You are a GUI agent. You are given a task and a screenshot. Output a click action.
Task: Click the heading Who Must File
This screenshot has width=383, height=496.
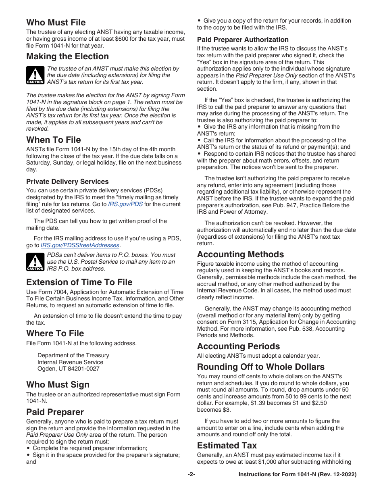pyautogui.click(x=56, y=22)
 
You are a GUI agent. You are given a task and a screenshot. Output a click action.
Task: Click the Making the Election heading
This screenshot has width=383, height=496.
pyautogui.click(x=67, y=56)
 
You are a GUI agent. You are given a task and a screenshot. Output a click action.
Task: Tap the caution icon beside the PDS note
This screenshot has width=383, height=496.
pyautogui.click(x=35, y=262)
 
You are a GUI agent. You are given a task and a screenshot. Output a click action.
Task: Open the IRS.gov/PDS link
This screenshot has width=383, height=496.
pyautogui.click(x=125, y=204)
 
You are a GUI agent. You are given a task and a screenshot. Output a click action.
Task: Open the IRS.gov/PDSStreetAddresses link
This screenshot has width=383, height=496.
pyautogui.click(x=80, y=245)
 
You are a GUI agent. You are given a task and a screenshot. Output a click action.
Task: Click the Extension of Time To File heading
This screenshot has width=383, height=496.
pyautogui.click(x=79, y=282)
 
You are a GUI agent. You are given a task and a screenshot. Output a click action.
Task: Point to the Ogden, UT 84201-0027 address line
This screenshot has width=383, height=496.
pyautogui.click(x=68, y=369)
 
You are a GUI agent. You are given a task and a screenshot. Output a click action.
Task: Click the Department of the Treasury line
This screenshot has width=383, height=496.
pyautogui.click(x=73, y=355)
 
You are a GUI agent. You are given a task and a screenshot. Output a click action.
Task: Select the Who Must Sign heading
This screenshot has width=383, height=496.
pyautogui.click(x=58, y=384)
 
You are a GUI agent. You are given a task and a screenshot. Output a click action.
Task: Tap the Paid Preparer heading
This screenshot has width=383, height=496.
pyautogui.click(x=55, y=412)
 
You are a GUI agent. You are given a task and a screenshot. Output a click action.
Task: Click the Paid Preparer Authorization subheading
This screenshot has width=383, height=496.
pyautogui.click(x=243, y=40)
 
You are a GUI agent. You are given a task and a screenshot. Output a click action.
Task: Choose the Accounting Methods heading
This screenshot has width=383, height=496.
pyautogui.click(x=240, y=254)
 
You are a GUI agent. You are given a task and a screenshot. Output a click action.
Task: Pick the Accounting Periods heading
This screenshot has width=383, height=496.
pyautogui.click(x=238, y=346)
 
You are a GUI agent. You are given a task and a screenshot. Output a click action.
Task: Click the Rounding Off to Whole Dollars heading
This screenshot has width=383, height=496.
pyautogui.click(x=260, y=367)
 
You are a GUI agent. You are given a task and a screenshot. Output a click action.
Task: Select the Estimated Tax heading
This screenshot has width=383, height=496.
pyautogui.click(x=227, y=445)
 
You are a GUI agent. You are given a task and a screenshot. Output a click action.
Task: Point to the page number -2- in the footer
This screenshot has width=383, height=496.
pyautogui.click(x=191, y=475)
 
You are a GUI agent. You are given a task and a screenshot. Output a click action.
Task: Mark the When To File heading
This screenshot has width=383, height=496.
pyautogui.click(x=53, y=140)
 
